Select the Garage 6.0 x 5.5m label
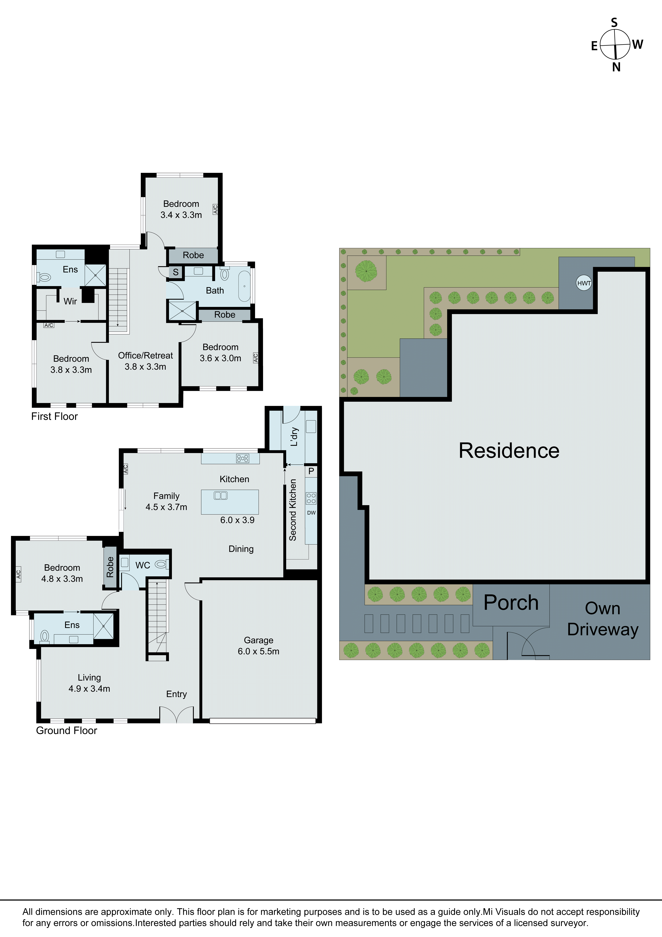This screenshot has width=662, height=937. [258, 646]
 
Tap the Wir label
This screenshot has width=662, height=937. [70, 301]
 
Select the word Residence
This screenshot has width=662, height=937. [509, 451]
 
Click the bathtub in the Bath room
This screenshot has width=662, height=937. [244, 286]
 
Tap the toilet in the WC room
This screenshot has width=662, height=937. [161, 564]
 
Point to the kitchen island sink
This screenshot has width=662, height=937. [220, 495]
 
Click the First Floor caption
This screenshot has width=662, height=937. [54, 416]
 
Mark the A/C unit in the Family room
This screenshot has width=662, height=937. [126, 469]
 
